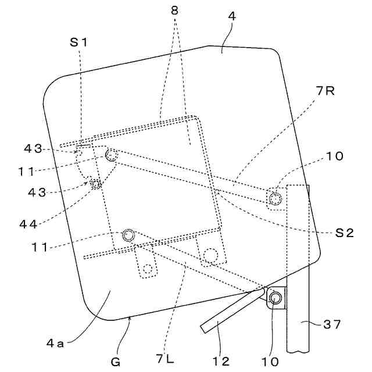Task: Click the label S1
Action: pos(80,42)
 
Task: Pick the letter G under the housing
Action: pos(116,362)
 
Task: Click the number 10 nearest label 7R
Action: pos(334,156)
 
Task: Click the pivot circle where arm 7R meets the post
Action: pos(274,199)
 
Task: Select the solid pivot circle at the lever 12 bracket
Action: pos(276,299)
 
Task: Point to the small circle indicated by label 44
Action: pos(96,184)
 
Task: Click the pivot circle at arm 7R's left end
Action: pos(112,155)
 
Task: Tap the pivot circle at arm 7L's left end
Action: pos(128,235)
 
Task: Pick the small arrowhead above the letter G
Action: pos(129,317)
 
